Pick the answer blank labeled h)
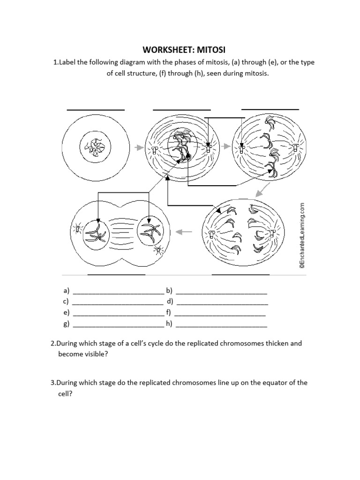coord(221,324)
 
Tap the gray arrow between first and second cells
coord(138,147)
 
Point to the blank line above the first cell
coord(96,110)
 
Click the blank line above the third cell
coord(270,109)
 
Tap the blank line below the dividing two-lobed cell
coord(117,274)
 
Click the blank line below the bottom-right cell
coord(241,274)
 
